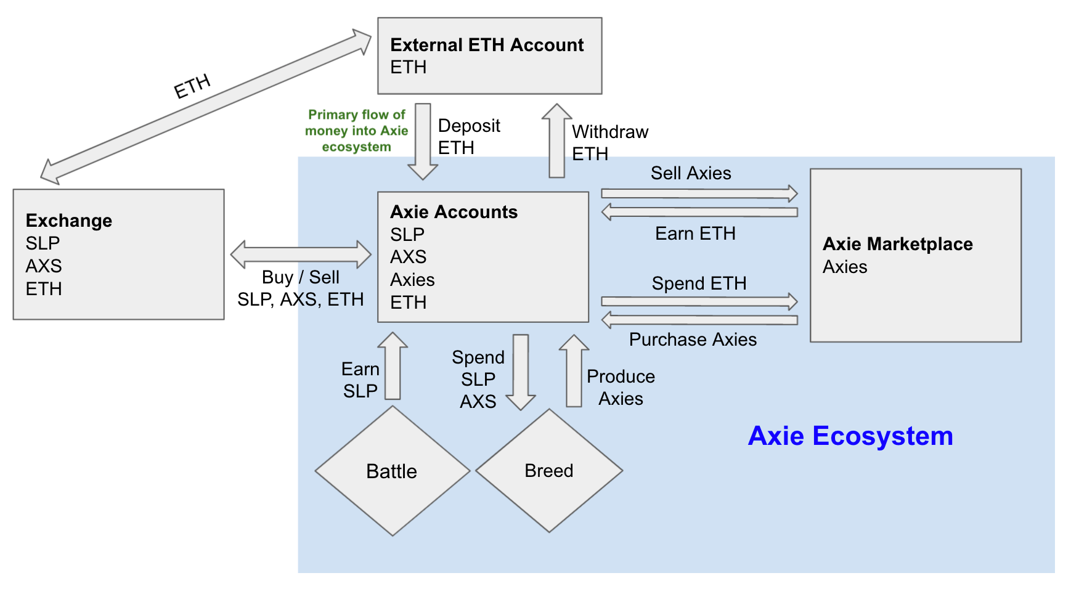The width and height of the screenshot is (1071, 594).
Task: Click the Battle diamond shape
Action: pos(392,471)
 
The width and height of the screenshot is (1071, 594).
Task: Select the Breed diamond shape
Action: pos(548,471)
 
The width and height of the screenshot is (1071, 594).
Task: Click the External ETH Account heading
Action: pos(487,45)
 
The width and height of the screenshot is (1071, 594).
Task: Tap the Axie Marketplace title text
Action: pos(897,244)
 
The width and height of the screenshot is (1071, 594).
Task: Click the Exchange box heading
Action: pos(69,221)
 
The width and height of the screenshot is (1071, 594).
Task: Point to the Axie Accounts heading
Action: pos(454,212)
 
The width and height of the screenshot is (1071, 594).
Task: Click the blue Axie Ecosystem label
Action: pos(850,436)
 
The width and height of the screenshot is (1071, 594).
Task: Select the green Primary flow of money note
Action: pos(356,131)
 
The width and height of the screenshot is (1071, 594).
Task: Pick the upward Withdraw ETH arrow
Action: pos(557,141)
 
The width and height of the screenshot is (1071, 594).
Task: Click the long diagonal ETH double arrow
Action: pos(206,106)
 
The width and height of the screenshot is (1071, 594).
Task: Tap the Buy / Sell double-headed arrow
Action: pos(301,254)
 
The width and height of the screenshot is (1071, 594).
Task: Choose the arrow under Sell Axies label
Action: pos(699,193)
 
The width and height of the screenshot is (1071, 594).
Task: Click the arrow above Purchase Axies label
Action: pos(699,320)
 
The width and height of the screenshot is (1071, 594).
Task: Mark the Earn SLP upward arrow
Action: pos(393,366)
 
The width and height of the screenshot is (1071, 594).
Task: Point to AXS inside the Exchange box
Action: pos(44,266)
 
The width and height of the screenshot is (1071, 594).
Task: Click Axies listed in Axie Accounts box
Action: pos(412,280)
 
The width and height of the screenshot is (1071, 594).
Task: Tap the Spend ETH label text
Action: pos(699,283)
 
